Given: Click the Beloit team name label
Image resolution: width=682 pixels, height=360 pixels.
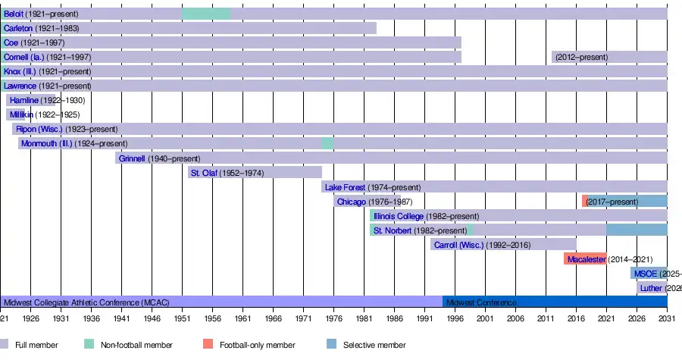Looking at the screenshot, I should click(14, 14).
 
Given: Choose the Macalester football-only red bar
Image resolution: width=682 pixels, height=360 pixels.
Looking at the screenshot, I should click(585, 259).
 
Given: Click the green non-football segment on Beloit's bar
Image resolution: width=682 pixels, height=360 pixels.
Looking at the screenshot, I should click(206, 14).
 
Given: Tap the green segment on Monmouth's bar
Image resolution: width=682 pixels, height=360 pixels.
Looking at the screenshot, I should click(327, 143).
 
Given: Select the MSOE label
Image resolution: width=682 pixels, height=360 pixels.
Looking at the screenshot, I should click(646, 274).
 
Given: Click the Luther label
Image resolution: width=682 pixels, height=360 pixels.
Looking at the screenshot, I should click(651, 288).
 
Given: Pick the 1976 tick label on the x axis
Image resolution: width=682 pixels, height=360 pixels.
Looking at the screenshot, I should click(333, 319).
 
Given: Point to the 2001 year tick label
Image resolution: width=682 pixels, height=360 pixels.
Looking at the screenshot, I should click(485, 319).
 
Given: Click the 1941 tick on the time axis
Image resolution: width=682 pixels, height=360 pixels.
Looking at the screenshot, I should click(121, 319).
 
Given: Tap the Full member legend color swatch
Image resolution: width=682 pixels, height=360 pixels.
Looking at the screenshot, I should click(5, 345).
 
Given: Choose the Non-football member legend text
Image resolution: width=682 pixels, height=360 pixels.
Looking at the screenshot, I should click(136, 346).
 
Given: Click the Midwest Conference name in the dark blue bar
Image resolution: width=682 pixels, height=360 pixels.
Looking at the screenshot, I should click(481, 302).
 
